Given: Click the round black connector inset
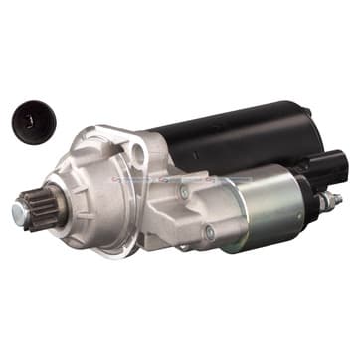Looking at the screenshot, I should [x=34, y=122].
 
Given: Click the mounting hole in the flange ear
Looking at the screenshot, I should [x=137, y=150].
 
